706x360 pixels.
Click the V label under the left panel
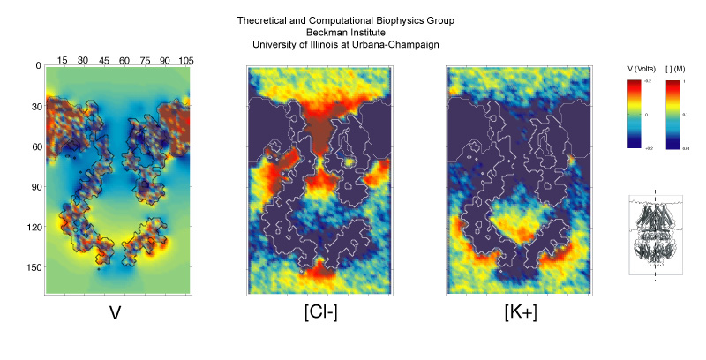click(115, 313)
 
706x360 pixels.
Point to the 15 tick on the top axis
click(62, 59)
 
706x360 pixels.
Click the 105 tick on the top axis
click(186, 59)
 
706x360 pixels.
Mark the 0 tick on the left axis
click(38, 65)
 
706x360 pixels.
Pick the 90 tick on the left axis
click(35, 186)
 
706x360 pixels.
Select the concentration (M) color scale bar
click(672, 114)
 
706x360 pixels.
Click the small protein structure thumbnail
click(654, 235)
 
